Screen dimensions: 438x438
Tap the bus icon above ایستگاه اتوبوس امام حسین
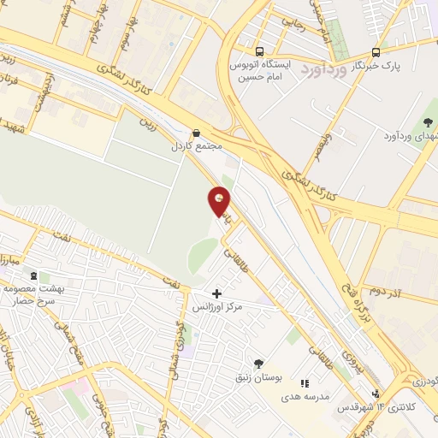[260, 50]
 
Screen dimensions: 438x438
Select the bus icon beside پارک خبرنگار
[376, 50]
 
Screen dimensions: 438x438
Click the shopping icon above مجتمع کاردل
[198, 133]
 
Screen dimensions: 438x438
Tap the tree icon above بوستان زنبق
[259, 364]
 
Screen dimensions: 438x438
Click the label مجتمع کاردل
[198, 145]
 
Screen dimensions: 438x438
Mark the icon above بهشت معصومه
[33, 276]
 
